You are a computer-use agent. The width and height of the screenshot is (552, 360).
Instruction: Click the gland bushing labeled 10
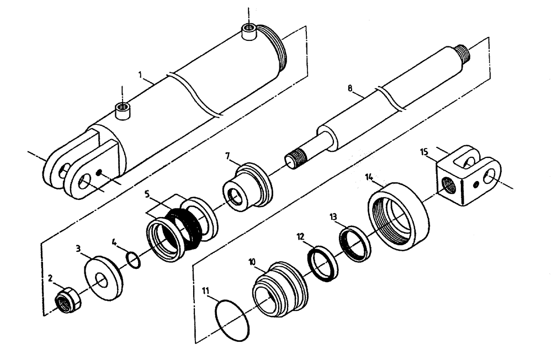[279, 291]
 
